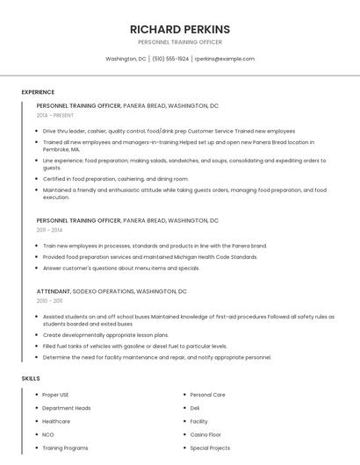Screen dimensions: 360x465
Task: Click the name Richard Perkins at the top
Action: pyautogui.click(x=180, y=29)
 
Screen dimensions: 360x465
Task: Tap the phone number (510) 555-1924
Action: pyautogui.click(x=170, y=59)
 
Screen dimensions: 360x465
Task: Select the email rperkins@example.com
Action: pyautogui.click(x=225, y=59)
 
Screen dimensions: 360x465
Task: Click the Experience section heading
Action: pyautogui.click(x=38, y=92)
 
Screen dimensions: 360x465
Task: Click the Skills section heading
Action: pyautogui.click(x=31, y=378)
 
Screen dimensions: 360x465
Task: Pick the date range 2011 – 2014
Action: pyautogui.click(x=49, y=230)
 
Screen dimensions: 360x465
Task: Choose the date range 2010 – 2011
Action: pyautogui.click(x=49, y=300)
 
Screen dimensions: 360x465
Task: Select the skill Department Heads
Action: pyautogui.click(x=66, y=408)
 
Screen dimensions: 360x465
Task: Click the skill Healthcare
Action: pyautogui.click(x=56, y=421)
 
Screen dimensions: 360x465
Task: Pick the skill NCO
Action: pyautogui.click(x=48, y=434)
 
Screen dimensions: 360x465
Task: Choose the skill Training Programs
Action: pyautogui.click(x=65, y=447)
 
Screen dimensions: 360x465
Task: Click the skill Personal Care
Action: pyautogui.click(x=207, y=395)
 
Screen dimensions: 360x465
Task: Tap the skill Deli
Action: pyautogui.click(x=195, y=408)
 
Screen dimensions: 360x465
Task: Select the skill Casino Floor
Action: pyautogui.click(x=206, y=434)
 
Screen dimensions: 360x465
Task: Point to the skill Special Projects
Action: pyautogui.click(x=210, y=447)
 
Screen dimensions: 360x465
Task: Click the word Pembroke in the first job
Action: pyautogui.click(x=56, y=150)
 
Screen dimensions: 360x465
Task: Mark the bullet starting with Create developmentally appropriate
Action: pyautogui.click(x=105, y=334)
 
